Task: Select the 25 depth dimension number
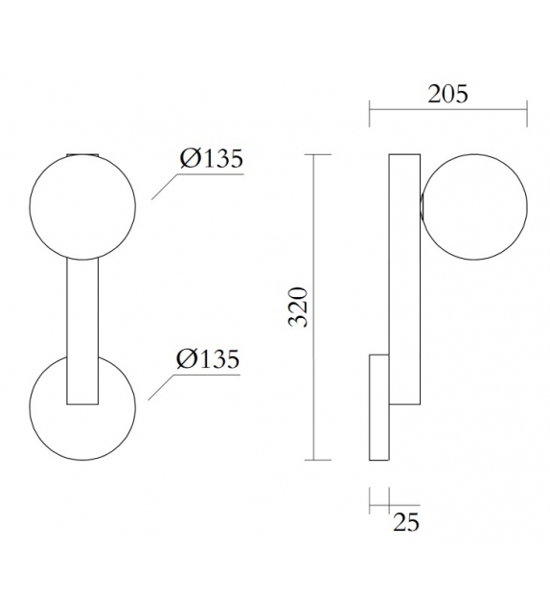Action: tap(404, 522)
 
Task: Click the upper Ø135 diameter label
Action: tap(211, 159)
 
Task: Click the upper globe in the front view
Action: tap(81, 205)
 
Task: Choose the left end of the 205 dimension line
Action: tap(370, 116)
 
